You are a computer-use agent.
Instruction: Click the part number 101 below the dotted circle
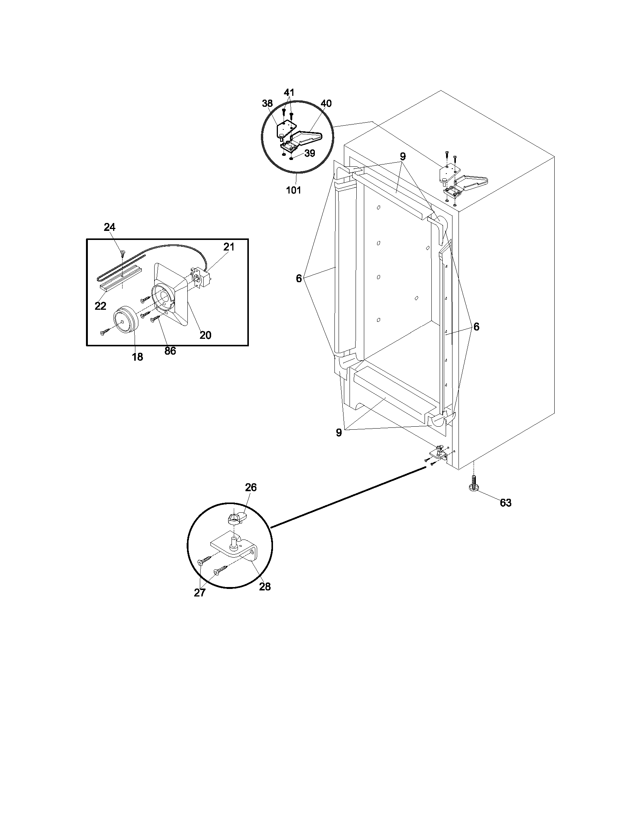tap(293, 190)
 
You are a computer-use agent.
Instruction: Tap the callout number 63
tap(505, 503)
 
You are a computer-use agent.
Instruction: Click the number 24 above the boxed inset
tap(109, 227)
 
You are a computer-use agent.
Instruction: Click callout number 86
tap(170, 351)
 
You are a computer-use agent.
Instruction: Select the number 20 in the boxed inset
tap(205, 335)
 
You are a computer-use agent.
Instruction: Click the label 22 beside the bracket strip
tap(100, 306)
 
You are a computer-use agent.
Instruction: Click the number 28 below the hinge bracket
tap(265, 586)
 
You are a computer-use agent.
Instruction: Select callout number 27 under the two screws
tap(200, 592)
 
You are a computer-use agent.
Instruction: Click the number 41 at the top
tap(289, 92)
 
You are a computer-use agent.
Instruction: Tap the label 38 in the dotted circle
tap(267, 103)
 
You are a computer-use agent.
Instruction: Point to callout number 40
tap(326, 103)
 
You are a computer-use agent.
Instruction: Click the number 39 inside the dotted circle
tap(310, 153)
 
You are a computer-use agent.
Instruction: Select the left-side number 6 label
tap(299, 278)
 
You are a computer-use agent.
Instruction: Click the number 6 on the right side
tap(476, 326)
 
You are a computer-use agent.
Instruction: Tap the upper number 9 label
tap(403, 156)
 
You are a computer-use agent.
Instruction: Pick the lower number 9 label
tap(339, 432)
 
